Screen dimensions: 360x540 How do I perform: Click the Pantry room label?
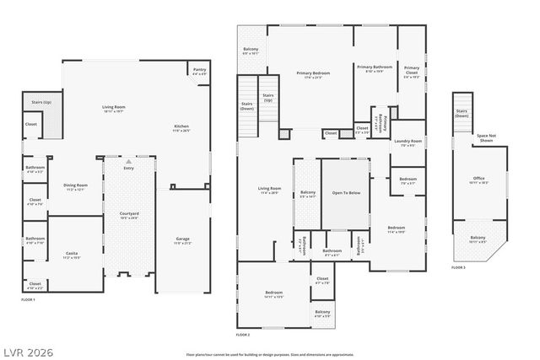[199, 72]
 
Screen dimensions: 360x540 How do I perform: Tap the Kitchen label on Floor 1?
[181, 128]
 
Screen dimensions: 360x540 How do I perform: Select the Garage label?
[182, 240]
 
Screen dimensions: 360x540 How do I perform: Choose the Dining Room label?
[76, 186]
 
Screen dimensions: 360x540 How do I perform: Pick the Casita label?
[72, 255]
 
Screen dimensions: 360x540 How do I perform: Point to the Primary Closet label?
[411, 70]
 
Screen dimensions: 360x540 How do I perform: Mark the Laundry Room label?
[407, 143]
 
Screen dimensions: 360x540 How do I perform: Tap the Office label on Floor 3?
[479, 180]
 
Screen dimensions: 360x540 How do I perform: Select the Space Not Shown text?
[485, 139]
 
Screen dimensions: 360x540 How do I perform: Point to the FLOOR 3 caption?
[458, 267]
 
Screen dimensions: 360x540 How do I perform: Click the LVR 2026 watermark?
[28, 349]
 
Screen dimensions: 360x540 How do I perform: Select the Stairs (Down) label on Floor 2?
[246, 107]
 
